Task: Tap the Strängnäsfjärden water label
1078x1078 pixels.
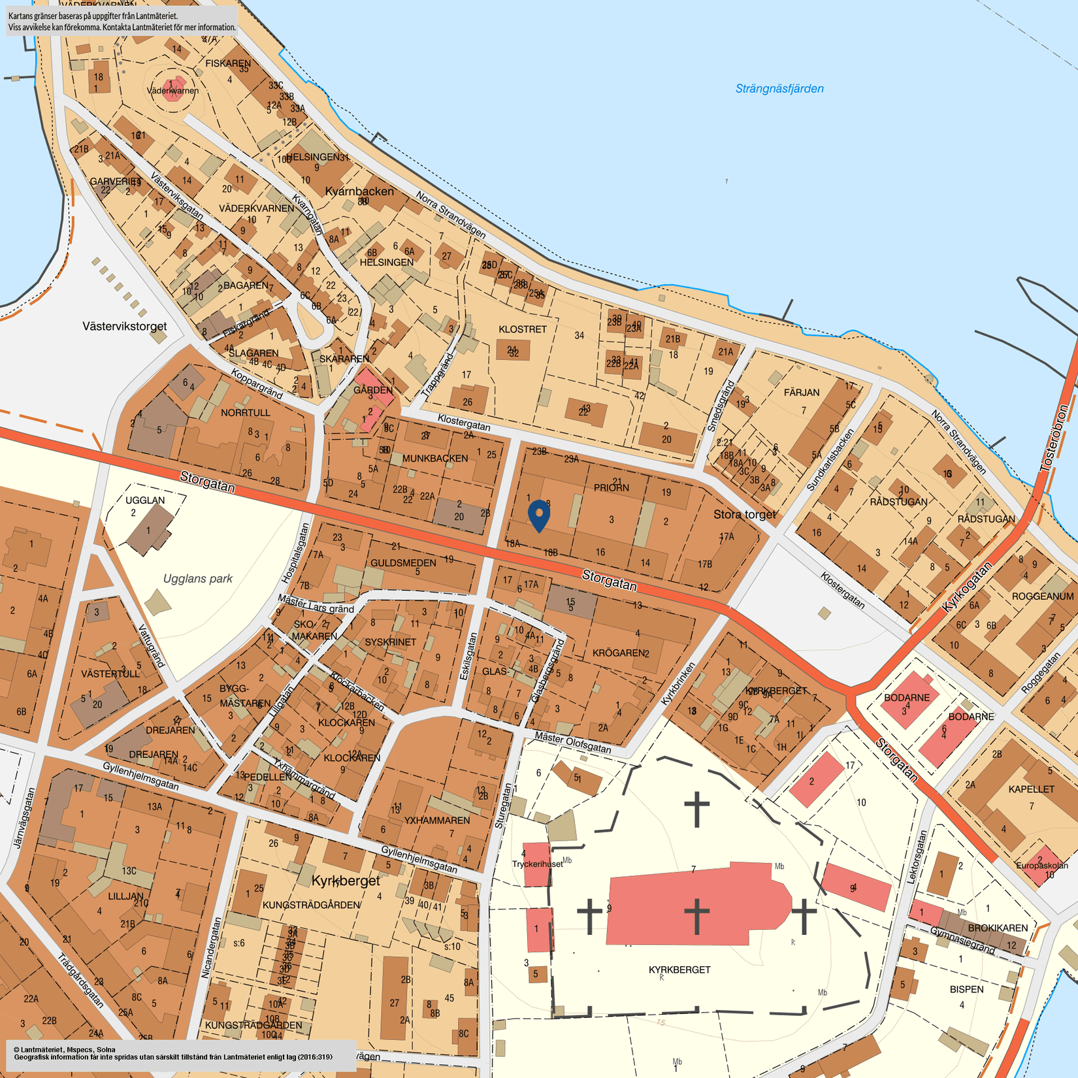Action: point(779,89)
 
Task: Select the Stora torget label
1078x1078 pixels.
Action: point(744,514)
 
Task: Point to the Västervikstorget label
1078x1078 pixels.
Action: point(124,326)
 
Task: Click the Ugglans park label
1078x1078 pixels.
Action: point(197,578)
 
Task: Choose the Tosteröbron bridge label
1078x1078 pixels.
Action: point(1056,438)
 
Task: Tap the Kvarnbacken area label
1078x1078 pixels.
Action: point(359,191)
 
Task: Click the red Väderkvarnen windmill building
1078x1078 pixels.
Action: point(173,90)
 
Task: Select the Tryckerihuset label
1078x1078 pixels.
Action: point(537,864)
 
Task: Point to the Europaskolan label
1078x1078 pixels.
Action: point(1041,866)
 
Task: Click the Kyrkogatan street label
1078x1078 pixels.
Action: point(966,587)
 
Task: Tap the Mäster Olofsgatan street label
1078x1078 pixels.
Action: point(572,742)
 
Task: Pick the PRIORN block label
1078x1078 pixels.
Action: point(611,488)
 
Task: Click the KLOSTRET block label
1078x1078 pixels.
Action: point(522,329)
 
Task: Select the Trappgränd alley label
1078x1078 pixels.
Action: point(438,375)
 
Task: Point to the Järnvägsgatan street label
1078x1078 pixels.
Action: point(24,818)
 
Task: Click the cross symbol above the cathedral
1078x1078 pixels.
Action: point(696,809)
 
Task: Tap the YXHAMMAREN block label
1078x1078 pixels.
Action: point(436,820)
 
